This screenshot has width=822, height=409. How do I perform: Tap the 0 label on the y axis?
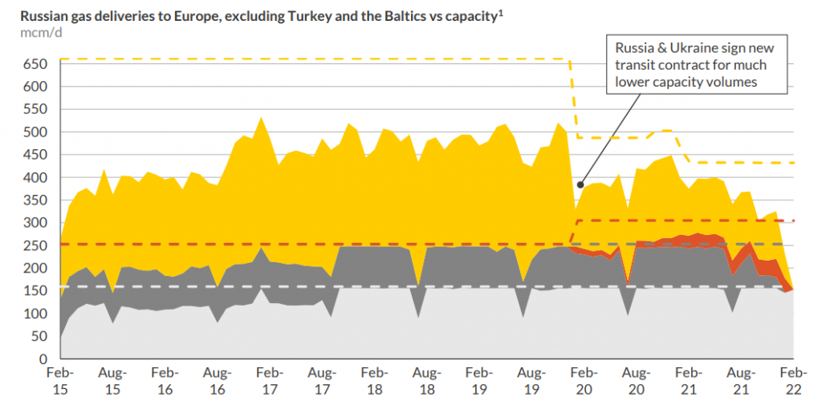(x=46, y=359)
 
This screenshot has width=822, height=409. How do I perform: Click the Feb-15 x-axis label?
(x=60, y=381)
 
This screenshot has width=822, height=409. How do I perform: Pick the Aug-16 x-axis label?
(x=217, y=381)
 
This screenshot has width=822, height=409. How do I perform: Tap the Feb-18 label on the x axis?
(x=375, y=381)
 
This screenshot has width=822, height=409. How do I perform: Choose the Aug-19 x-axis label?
(x=532, y=381)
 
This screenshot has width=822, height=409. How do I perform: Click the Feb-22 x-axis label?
(x=794, y=381)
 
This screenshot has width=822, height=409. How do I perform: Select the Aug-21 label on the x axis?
(x=741, y=381)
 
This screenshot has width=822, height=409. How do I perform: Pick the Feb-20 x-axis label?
(x=584, y=381)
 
